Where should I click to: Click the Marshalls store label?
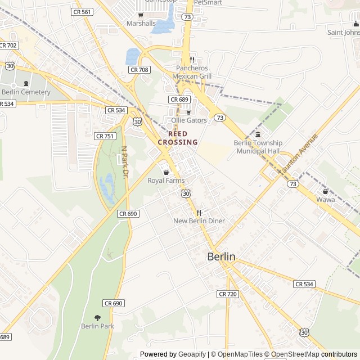141,24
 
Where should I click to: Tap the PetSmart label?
208,2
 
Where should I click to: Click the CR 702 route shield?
8,45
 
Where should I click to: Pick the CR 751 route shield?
105,136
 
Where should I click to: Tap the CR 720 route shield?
228,294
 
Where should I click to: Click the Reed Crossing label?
178,138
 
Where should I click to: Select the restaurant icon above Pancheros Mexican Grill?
192,60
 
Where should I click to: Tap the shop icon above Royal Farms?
166,172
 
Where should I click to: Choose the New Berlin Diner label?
199,221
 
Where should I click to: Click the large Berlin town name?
222,256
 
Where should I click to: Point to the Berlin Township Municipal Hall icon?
258,134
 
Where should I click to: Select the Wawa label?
325,200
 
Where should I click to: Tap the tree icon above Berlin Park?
97,318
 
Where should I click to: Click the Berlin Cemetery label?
26,92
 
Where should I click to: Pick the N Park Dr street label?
124,163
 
